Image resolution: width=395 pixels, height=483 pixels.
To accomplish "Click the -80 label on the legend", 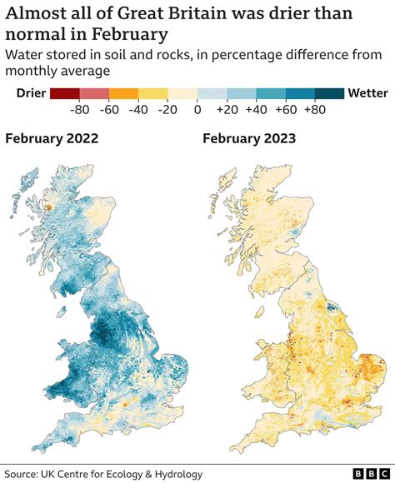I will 81,108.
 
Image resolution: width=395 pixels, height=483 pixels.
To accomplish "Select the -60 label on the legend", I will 110,108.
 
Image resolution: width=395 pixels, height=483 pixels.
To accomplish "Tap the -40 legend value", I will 139,108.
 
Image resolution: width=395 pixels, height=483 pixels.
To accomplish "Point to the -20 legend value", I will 168,108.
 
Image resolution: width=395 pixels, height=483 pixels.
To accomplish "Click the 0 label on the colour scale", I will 197,108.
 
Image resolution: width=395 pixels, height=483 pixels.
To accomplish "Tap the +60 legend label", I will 286,108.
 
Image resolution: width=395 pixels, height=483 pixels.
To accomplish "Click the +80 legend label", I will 315,108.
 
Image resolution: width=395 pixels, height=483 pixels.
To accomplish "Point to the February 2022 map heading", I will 52,138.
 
